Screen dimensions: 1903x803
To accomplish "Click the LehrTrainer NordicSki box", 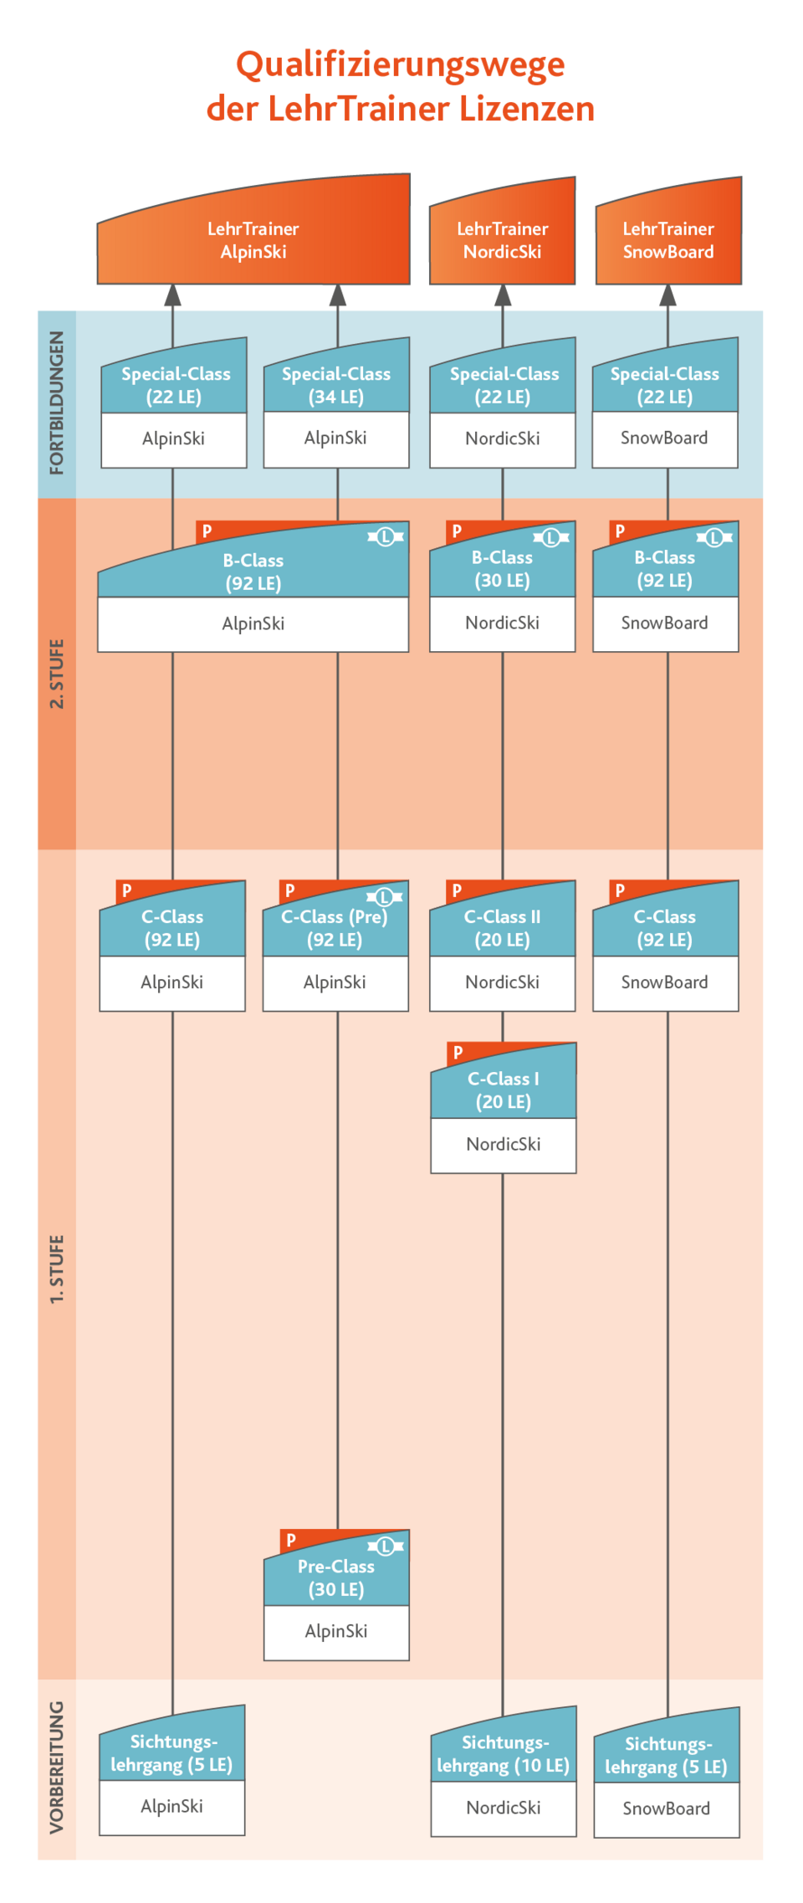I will coord(502,240).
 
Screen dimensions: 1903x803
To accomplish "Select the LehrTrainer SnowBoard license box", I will coord(667,240).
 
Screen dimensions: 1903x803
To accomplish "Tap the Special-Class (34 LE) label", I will coord(335,385).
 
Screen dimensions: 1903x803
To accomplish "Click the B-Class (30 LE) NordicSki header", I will coord(502,568).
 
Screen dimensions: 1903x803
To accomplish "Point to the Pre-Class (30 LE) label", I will coord(335,1577).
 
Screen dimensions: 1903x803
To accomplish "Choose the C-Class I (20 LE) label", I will coord(503,1090).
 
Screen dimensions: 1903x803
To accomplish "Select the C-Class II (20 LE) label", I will coord(502,928).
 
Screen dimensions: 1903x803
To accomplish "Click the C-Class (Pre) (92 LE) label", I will coord(335,928).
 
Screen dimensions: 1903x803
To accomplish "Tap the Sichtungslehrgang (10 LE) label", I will coord(503,1754).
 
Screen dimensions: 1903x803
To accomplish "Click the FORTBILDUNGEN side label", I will coord(57,403).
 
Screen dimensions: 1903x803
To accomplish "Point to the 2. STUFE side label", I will coord(57,674).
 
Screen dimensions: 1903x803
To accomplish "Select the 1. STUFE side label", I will coord(57,1269).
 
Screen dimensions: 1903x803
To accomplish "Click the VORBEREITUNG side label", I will coord(57,1767).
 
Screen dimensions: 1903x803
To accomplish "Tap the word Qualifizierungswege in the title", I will coord(400,65).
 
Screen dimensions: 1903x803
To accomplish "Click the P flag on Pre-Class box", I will coord(291,1539).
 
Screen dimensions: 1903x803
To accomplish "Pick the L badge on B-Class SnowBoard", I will coord(713,537).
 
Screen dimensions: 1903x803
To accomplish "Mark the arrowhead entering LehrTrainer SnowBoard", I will coord(667,296).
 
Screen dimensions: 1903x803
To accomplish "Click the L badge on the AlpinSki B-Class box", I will coord(385,536).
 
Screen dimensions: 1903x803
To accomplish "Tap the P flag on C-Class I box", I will coord(458,1052).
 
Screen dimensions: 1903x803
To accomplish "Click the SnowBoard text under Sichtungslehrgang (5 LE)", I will coord(666,1808).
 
